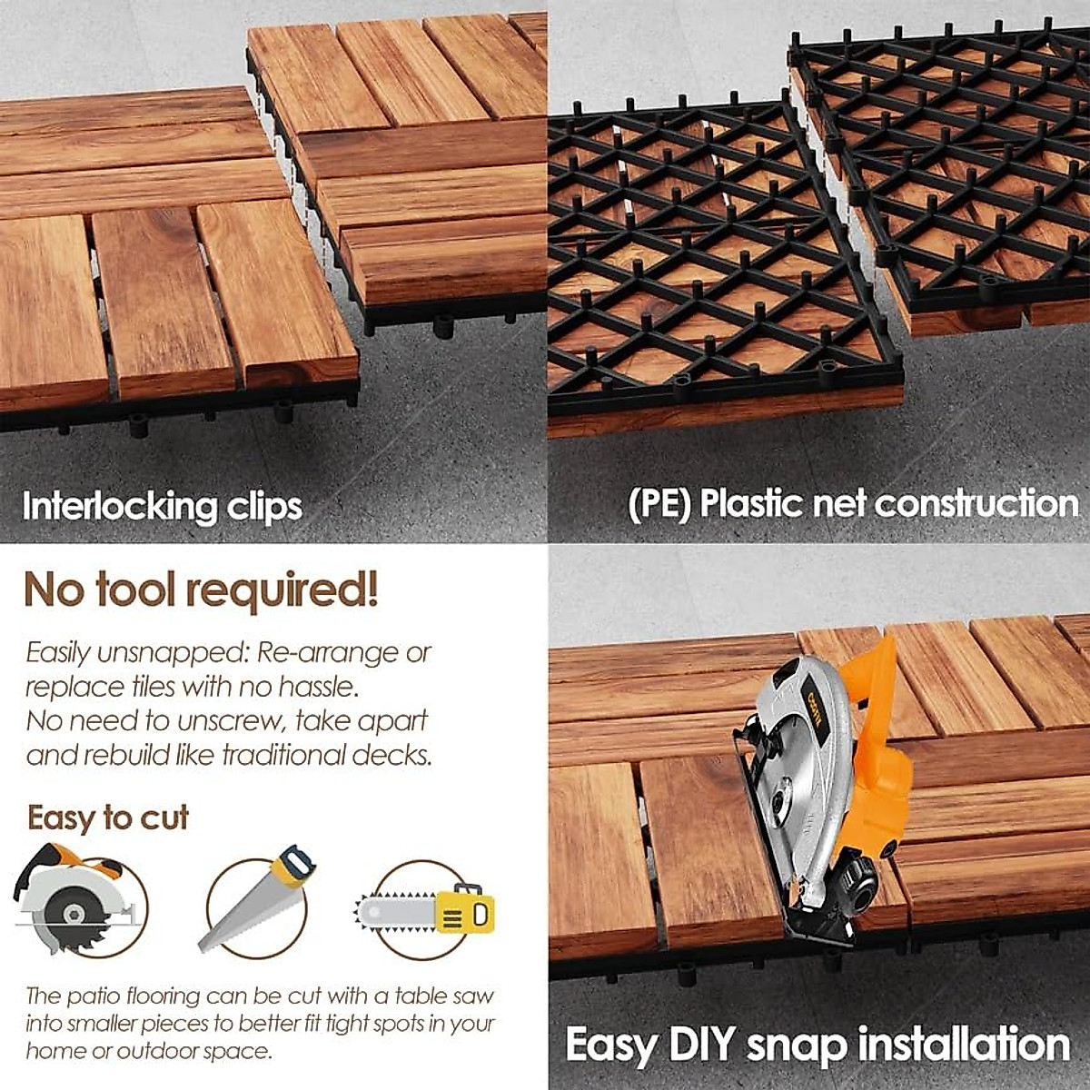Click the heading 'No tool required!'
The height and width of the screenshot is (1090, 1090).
tap(201, 590)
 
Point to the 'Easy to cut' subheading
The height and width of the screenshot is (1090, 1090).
tap(108, 817)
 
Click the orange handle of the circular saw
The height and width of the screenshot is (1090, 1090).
tap(877, 718)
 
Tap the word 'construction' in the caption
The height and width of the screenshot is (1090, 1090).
tap(976, 504)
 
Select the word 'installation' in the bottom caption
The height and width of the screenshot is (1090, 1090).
tap(964, 1045)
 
